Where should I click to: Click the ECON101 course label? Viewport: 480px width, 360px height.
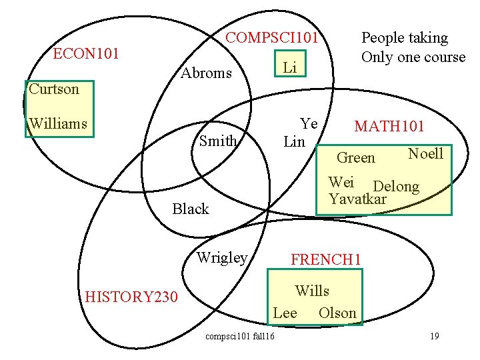pos(86,53)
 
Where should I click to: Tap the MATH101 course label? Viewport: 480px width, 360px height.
pos(389,126)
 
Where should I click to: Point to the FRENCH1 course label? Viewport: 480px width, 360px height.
pos(326,259)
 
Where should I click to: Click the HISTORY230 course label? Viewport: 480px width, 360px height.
pos(132,297)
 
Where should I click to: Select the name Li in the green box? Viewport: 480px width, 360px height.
pos(290,67)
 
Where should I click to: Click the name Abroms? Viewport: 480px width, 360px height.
pos(207,73)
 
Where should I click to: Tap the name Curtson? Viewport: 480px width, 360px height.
pos(54,89)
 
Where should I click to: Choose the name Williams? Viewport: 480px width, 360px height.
pos(58,123)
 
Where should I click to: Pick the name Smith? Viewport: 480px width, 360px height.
pos(218,141)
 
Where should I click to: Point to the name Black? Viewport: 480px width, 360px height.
pos(191,209)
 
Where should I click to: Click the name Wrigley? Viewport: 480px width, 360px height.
pos(222,257)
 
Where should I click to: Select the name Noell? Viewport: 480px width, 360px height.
pos(425,154)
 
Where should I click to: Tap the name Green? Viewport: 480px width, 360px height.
pos(356,158)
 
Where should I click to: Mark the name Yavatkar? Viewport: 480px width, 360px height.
pos(358,199)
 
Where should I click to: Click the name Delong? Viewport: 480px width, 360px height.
pos(396,187)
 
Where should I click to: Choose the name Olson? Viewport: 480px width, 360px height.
pos(337,313)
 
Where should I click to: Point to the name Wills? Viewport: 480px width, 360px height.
pos(312,291)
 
